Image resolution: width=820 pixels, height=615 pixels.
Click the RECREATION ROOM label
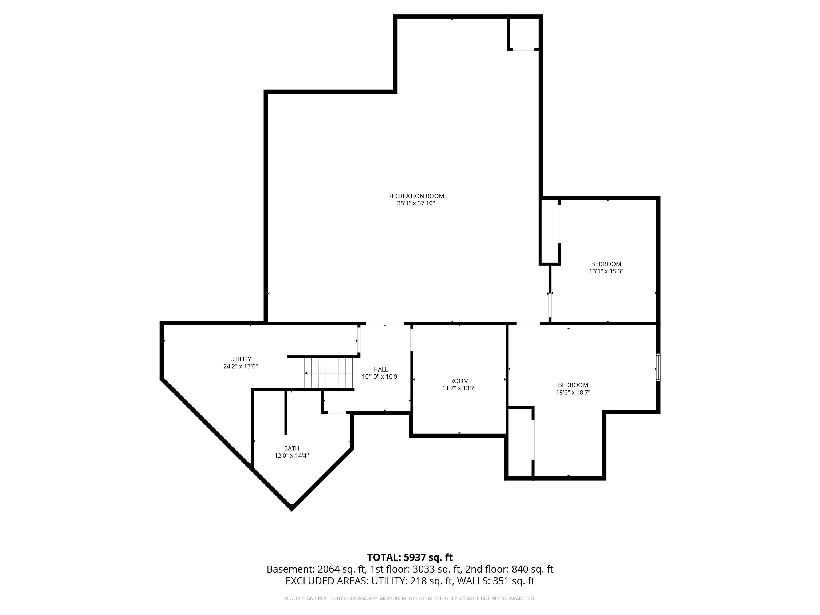coord(416,196)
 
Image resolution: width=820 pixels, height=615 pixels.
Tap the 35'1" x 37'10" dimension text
coord(416,203)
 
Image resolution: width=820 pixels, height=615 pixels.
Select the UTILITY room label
coord(241,359)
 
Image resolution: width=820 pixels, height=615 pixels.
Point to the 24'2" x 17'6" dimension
coord(241,366)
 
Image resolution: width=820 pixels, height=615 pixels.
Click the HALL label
coord(381,369)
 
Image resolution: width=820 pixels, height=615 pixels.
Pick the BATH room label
coord(292,448)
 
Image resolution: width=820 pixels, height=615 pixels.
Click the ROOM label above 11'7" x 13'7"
coord(459,381)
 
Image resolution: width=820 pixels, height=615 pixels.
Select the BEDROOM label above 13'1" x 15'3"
coord(606,264)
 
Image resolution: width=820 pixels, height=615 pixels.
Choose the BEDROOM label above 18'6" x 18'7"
coord(573,385)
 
